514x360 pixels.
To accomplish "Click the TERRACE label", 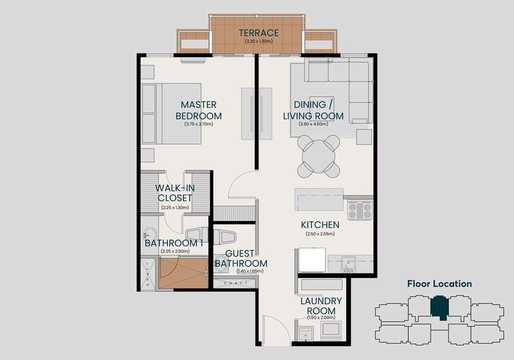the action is click(x=259, y=33).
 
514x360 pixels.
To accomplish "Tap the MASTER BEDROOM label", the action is click(x=199, y=110).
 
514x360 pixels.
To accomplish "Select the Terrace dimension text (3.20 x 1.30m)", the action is click(x=259, y=42).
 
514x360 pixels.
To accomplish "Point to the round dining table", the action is click(x=318, y=157).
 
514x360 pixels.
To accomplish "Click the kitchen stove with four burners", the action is click(x=360, y=210).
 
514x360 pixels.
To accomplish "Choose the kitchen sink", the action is click(x=348, y=264).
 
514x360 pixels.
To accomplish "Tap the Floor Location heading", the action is click(x=440, y=283).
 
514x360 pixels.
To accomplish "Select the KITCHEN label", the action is click(x=320, y=225).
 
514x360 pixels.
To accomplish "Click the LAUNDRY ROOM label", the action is click(x=321, y=306).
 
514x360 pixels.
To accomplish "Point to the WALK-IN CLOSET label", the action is click(x=175, y=193).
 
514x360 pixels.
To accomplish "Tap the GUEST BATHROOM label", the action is click(x=241, y=258).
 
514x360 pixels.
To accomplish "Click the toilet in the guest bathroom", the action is click(x=224, y=237).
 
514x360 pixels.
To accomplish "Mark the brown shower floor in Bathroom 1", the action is click(x=183, y=273).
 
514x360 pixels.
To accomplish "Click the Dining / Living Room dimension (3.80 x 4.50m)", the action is click(x=314, y=124).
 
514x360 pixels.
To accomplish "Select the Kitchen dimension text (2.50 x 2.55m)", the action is click(x=320, y=234).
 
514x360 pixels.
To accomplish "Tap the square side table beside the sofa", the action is click(x=364, y=137).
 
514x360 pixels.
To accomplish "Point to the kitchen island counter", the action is click(x=319, y=199).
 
